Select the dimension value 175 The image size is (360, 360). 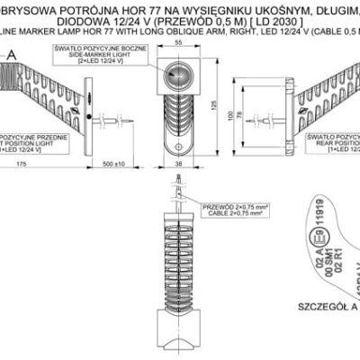click(x=19, y=165)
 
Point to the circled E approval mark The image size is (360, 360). click(x=318, y=238)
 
